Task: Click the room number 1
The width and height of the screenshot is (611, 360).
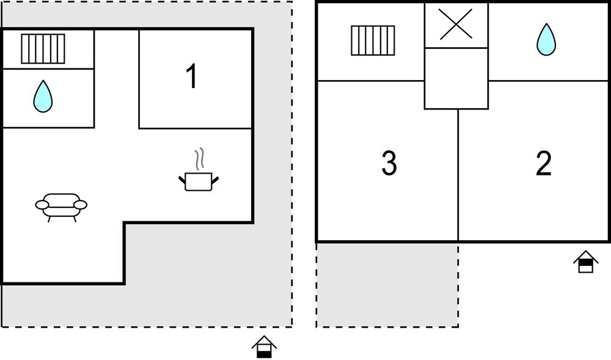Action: tap(192, 77)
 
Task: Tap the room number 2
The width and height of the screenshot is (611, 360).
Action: tap(544, 163)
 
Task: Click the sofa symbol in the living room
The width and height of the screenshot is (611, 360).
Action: tap(61, 207)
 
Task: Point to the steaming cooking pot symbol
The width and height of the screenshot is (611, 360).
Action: tap(199, 170)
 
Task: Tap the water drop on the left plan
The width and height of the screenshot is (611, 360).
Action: tap(43, 97)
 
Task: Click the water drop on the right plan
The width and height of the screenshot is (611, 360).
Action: tap(546, 40)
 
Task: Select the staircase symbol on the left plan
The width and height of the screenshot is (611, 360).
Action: tap(43, 49)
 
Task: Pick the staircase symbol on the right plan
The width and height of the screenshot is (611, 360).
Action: tap(373, 40)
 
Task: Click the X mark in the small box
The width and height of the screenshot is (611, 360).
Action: tap(456, 24)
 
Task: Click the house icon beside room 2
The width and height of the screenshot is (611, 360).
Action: tap(586, 262)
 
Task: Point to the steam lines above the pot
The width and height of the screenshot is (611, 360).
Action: tap(200, 159)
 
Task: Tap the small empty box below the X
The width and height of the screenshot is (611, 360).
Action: tap(456, 78)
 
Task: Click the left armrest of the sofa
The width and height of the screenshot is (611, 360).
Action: tap(42, 205)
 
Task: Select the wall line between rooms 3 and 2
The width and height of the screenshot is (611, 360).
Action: tap(458, 175)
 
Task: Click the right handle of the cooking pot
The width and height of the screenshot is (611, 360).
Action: tap(215, 180)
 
